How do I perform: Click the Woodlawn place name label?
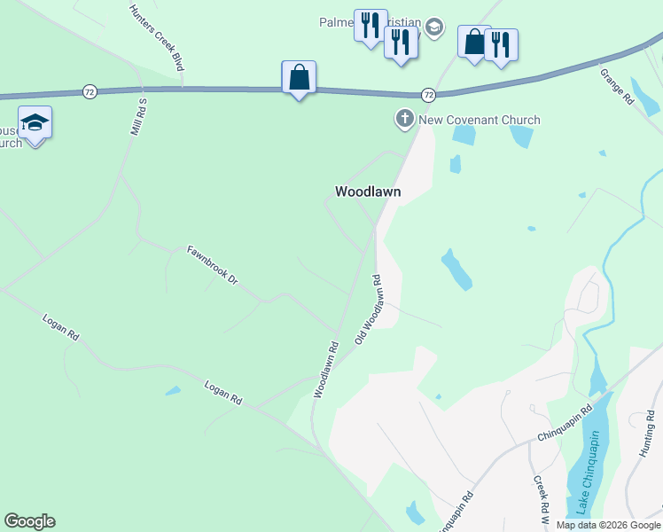click(x=368, y=192)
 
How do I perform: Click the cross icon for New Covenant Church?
click(x=404, y=119)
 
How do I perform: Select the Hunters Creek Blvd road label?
click(x=156, y=38)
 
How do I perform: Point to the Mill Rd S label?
click(x=137, y=116)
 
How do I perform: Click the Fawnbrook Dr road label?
click(x=213, y=265)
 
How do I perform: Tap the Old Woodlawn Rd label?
click(x=368, y=309)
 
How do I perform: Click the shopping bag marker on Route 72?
click(x=299, y=77)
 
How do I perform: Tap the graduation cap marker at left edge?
click(x=35, y=122)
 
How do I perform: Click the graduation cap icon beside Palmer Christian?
click(x=433, y=25)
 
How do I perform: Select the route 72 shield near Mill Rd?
click(x=89, y=91)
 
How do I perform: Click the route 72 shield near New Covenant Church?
click(x=428, y=94)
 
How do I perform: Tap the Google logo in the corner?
click(x=29, y=521)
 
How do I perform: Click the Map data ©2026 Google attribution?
click(x=608, y=525)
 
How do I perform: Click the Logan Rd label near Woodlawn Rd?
click(x=223, y=393)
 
